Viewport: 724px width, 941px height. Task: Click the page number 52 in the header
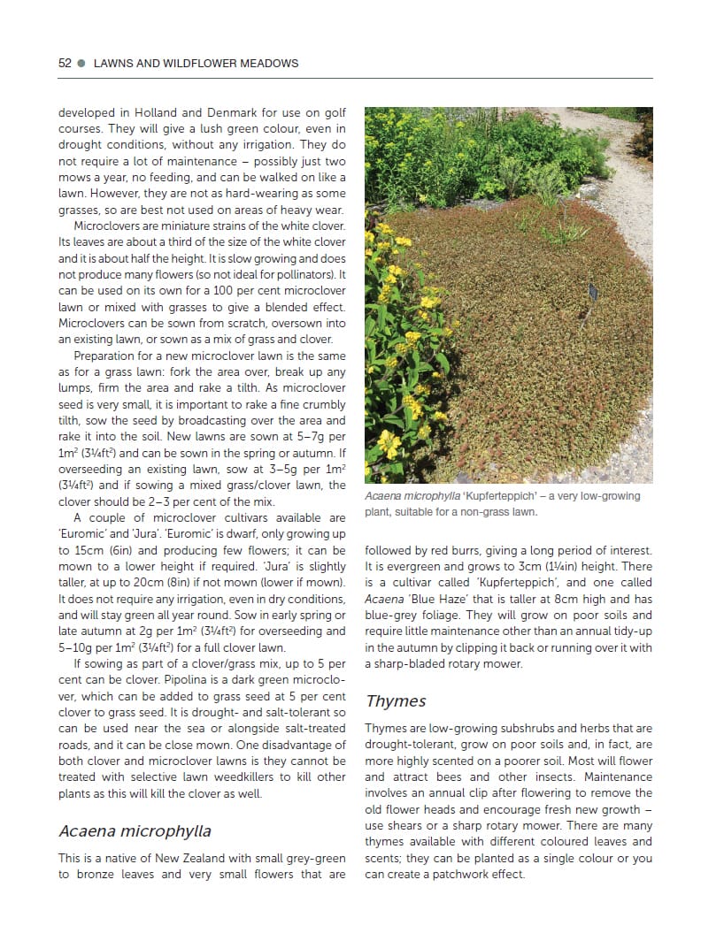[x=65, y=64]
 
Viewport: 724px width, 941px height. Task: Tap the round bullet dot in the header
[x=82, y=64]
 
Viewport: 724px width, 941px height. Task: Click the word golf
[x=333, y=113]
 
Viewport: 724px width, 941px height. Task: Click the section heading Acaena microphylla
[x=135, y=831]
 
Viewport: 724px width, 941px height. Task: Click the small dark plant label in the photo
[x=594, y=289]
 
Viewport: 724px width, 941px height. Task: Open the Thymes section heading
[x=396, y=701]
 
